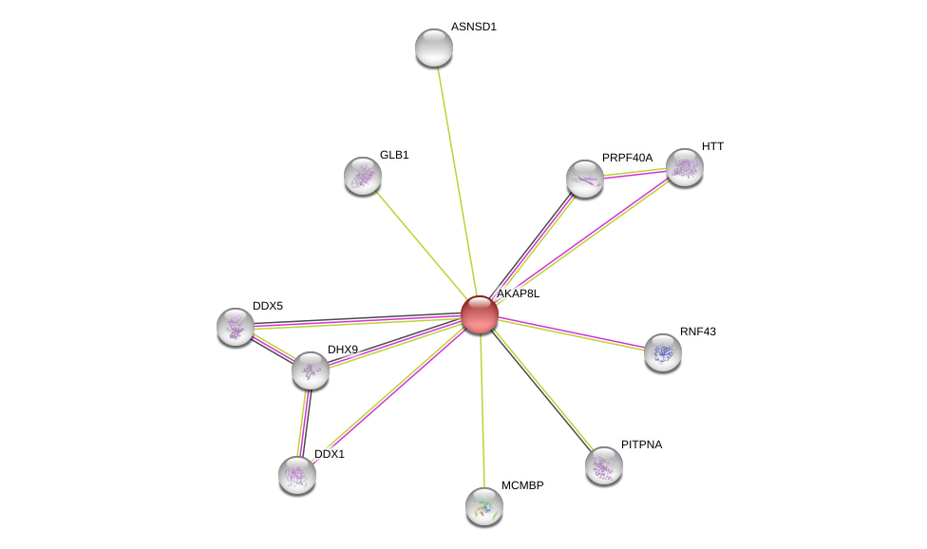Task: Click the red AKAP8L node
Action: [480, 314]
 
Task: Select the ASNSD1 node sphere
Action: [434, 47]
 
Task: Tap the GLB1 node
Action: [363, 176]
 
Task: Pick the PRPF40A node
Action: [585, 179]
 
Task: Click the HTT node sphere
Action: [685, 167]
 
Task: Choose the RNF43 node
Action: [663, 352]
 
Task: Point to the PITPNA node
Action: [604, 465]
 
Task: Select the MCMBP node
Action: [484, 506]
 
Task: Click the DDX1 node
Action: [296, 475]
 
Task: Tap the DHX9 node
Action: [311, 370]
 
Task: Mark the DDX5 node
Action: [236, 327]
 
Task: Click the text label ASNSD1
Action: [474, 28]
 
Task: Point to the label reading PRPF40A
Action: [627, 158]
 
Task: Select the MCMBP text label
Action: [522, 485]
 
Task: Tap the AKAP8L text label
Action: [518, 293]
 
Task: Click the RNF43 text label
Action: [697, 331]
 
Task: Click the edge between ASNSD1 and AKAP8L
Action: [457, 180]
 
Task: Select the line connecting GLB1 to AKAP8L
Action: [421, 245]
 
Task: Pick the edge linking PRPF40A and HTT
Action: [634, 173]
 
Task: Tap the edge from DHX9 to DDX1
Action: [304, 423]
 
